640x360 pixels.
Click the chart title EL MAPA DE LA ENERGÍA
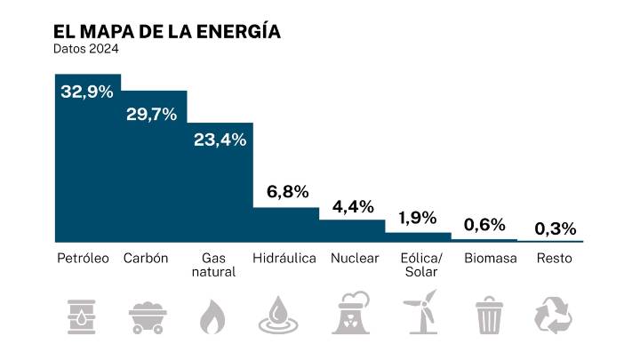167,31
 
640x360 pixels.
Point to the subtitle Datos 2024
86,50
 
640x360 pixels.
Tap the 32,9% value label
87,91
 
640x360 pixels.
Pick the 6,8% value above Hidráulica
288,191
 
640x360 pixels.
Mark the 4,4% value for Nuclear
353,206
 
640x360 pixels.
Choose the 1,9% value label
418,218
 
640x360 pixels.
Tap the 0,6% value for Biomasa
484,224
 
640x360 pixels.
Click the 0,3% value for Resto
553,228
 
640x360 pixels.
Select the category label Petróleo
83,259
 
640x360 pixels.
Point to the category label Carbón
146,259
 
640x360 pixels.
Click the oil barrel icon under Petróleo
85,314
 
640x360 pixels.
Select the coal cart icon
149,315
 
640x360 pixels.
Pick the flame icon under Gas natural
212,314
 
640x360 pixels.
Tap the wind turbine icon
420,312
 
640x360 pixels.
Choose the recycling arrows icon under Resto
553,314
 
